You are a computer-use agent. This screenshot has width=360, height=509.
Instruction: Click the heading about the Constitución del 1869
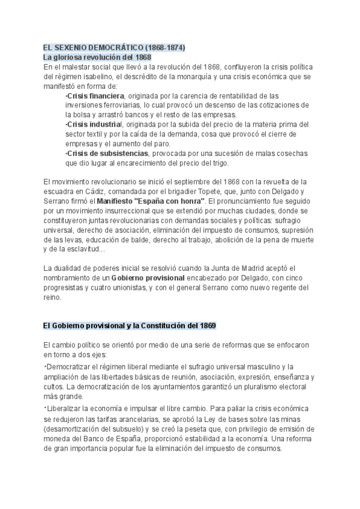[130, 325]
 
